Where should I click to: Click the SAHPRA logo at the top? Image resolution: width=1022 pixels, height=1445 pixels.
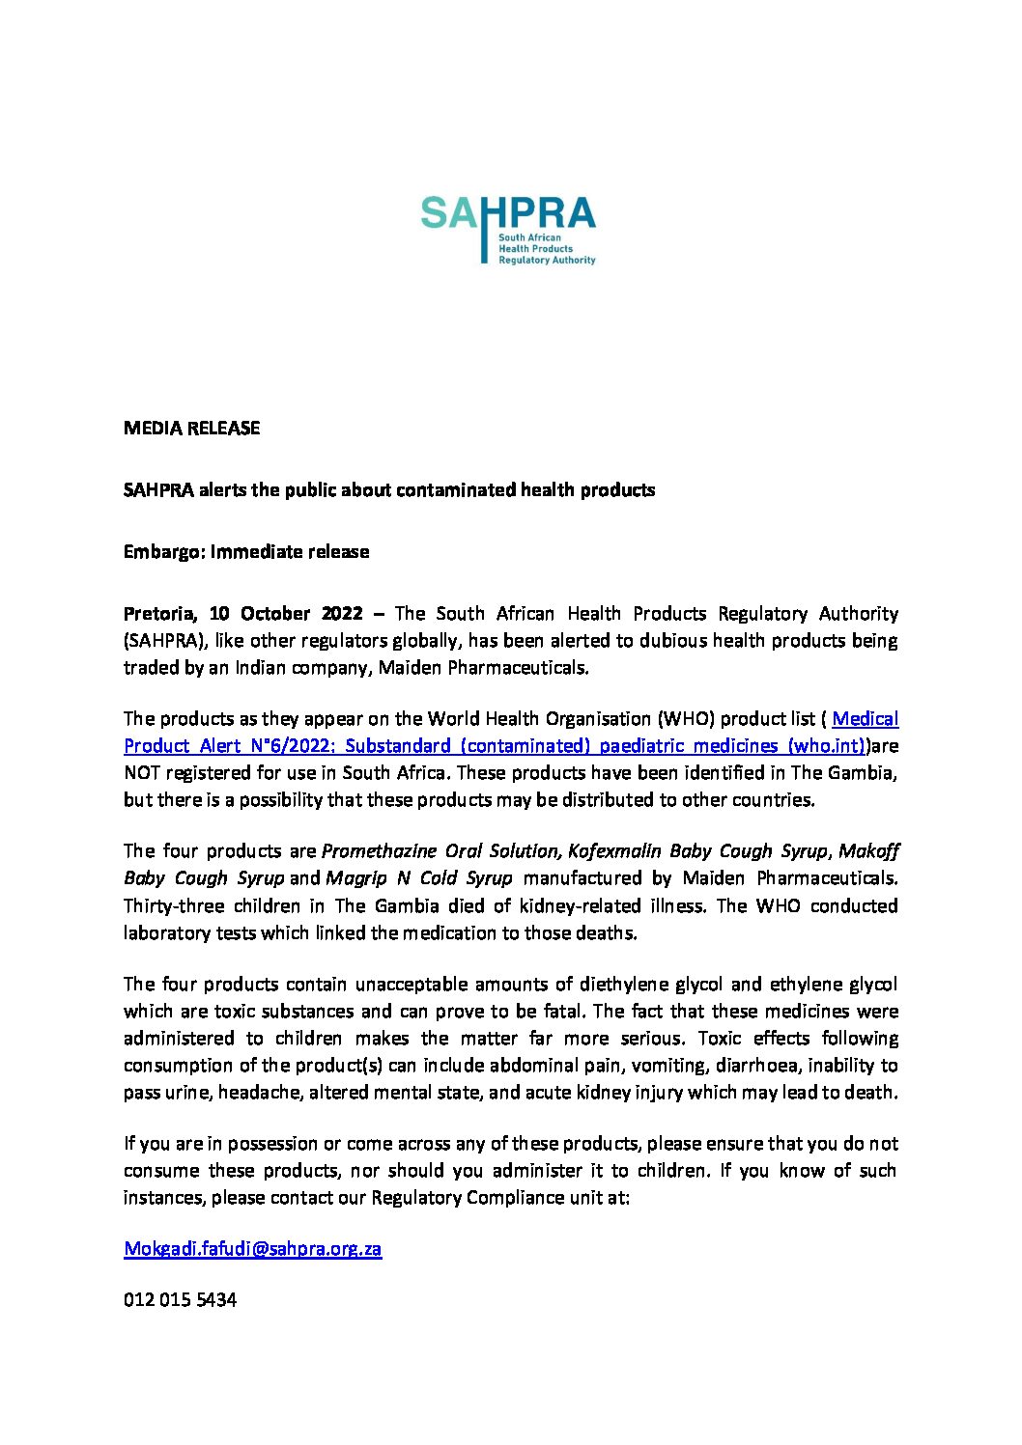508,230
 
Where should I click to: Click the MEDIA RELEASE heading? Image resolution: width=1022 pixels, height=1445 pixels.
191,428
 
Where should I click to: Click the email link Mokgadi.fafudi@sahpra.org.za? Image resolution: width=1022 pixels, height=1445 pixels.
252,1248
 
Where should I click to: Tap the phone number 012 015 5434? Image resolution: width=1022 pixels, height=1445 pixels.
180,1300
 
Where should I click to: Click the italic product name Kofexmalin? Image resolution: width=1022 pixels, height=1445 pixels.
614,851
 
